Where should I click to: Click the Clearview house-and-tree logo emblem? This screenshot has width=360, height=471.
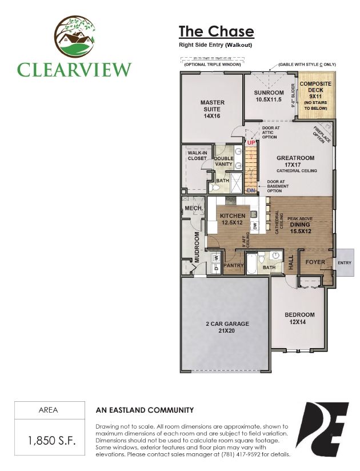(74, 37)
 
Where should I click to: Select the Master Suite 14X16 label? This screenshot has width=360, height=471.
(212, 109)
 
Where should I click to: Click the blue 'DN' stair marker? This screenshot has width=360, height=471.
(251, 190)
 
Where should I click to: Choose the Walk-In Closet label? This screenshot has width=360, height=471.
(197, 155)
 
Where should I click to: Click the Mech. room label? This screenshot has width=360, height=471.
(190, 208)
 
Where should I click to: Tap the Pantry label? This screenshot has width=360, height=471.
(234, 266)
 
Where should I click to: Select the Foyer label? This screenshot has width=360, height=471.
(315, 262)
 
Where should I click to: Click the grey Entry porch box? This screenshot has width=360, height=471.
(345, 262)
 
